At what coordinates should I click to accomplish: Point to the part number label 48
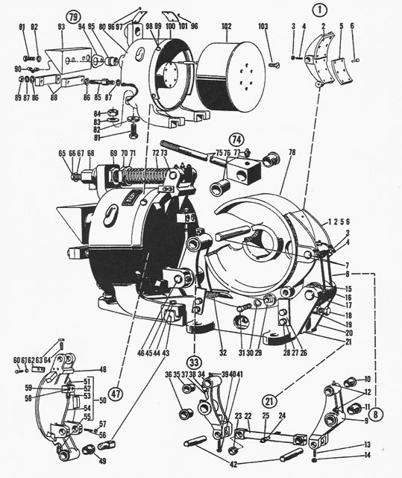[x=102, y=369]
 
